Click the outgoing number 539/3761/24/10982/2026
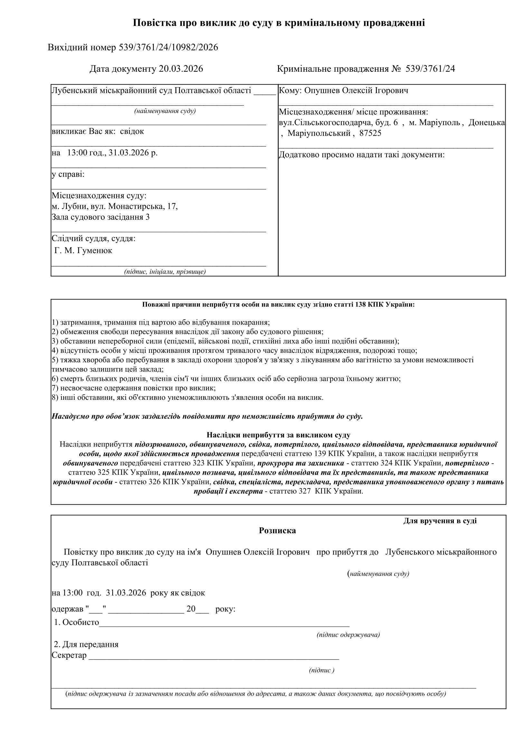[168, 48]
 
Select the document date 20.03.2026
[181, 69]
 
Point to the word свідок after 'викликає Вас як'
[132, 131]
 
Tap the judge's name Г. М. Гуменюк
[83, 251]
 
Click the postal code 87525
[370, 133]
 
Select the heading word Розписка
[277, 531]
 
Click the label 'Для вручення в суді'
[440, 521]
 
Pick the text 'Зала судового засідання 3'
[101, 217]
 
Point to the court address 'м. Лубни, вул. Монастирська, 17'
[115, 206]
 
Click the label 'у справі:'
[68, 174]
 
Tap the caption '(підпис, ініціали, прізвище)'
[165, 271]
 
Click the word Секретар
[69, 656]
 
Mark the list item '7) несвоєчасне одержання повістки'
[134, 388]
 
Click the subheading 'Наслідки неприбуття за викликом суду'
[278, 435]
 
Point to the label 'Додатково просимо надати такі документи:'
[361, 155]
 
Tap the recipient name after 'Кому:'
[356, 90]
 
